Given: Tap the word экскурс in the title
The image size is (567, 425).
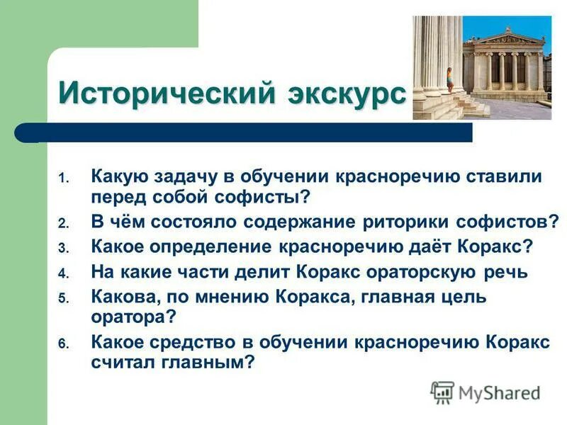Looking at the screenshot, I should [x=347, y=93].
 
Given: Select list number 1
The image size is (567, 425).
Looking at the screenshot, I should [x=63, y=178].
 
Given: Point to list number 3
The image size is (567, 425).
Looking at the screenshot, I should [x=63, y=247].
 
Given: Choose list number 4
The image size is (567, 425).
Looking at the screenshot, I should [x=63, y=273].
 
